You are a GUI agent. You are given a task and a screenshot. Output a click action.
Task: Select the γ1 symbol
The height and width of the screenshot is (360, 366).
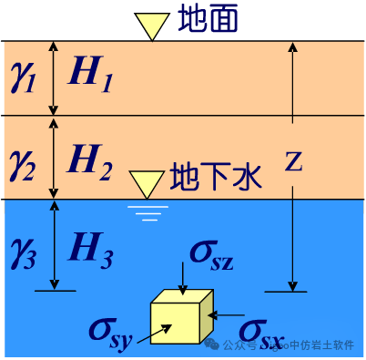[x=22, y=79]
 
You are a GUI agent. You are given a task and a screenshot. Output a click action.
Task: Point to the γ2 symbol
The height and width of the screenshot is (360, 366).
[x=22, y=161]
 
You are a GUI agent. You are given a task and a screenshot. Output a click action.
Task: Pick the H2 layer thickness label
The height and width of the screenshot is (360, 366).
[x=91, y=161]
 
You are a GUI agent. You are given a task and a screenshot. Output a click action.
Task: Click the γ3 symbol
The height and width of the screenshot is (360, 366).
[x=22, y=247]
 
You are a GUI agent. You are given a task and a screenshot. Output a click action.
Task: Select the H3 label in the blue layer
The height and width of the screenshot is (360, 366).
[x=91, y=247]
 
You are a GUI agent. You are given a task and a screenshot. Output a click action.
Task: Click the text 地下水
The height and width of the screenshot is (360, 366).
[x=216, y=176]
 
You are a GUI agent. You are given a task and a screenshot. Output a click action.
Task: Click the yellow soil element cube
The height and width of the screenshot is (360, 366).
[x=181, y=317]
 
